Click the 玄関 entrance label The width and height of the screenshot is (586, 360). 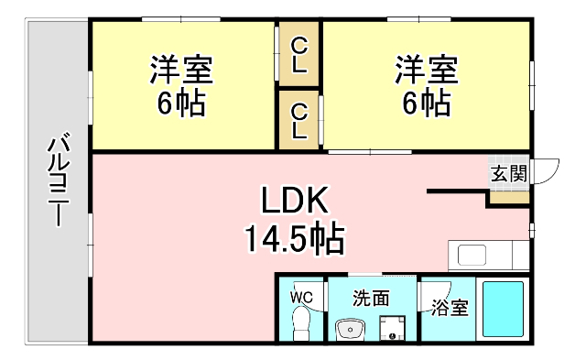[x=508, y=172]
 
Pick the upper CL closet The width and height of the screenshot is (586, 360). [x=298, y=54]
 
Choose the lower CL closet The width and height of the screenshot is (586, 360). [x=298, y=119]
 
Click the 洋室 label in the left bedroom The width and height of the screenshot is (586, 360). [x=181, y=70]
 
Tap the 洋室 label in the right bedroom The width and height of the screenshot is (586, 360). [x=426, y=70]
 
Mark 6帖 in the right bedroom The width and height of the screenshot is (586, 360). [x=426, y=103]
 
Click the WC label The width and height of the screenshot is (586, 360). [x=302, y=297]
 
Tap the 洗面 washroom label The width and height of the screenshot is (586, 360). [x=372, y=298]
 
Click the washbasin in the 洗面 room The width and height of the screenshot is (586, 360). [x=349, y=328]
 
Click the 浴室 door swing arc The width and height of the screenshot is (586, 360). [x=430, y=291]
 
